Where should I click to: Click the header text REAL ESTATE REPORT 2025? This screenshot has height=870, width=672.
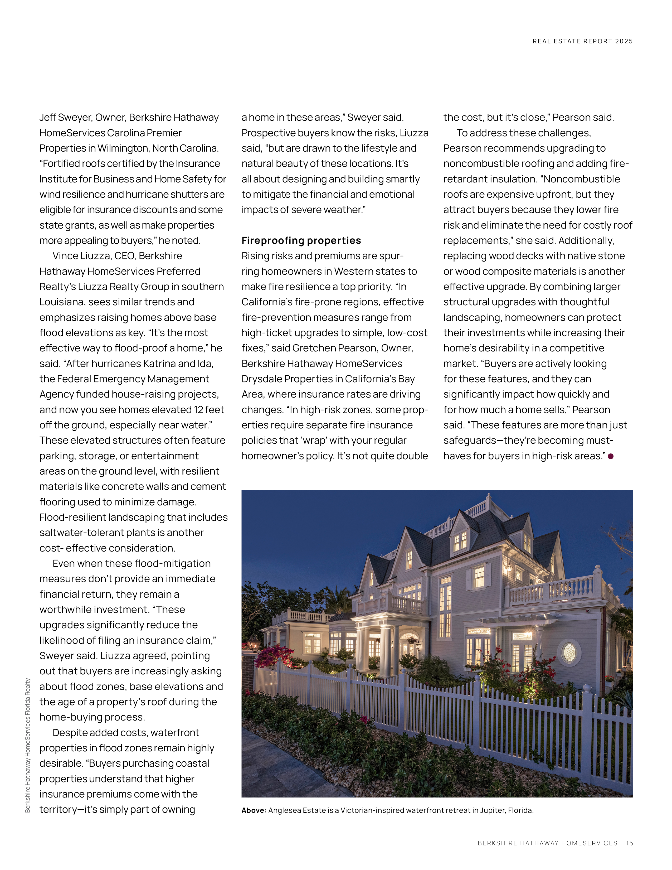pos(582,41)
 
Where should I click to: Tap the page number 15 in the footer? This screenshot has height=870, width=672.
pos(629,843)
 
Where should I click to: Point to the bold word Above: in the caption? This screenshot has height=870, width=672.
pos(254,810)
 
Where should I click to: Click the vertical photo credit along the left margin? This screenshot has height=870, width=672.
pos(27,745)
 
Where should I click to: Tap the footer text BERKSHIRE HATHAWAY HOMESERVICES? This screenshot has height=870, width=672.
pos(547,843)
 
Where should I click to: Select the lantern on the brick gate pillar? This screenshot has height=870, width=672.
pos(253,644)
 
